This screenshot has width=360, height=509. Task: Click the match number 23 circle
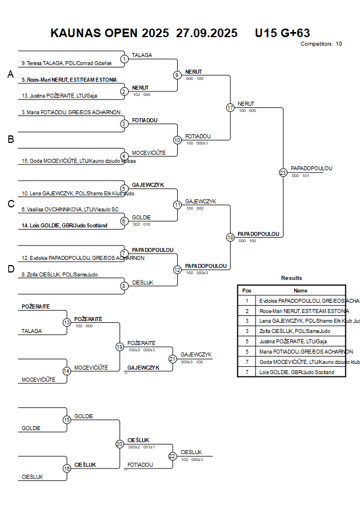tap(283, 173)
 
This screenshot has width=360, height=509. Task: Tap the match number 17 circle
tap(230, 107)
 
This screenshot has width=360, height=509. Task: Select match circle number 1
tap(124, 59)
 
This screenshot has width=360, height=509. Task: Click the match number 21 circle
tap(173, 359)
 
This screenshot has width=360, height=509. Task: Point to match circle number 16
tap(67, 468)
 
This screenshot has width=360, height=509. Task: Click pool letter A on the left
tap(10, 74)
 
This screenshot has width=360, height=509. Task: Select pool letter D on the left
tap(10, 269)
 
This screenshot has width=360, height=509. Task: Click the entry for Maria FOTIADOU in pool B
tap(71, 112)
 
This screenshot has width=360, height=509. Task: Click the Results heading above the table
tap(291, 278)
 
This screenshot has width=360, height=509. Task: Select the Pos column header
tap(247, 290)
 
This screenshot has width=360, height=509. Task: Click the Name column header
tap(301, 290)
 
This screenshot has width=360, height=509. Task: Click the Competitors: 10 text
tap(321, 44)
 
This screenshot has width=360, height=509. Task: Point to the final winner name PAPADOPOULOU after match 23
tap(311, 168)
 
